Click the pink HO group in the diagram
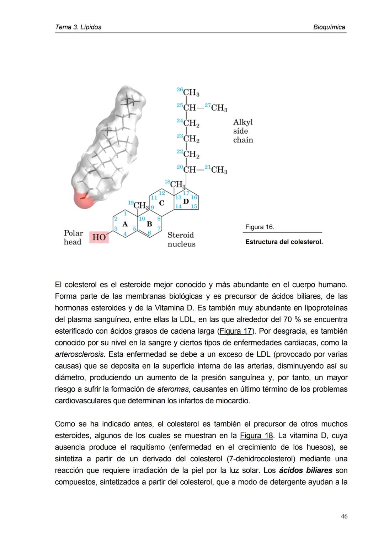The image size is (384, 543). click(x=99, y=237)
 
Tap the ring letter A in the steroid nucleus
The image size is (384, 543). click(x=125, y=224)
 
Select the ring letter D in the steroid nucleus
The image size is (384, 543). click(x=186, y=201)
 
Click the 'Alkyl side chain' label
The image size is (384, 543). click(x=243, y=131)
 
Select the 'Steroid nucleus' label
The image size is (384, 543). click(x=181, y=240)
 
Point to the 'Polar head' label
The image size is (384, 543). click(x=73, y=237)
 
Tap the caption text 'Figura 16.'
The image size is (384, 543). click(x=260, y=227)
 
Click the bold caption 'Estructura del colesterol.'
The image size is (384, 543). click(x=284, y=242)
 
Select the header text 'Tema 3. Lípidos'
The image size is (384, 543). click(x=78, y=27)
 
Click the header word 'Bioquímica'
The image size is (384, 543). click(x=329, y=27)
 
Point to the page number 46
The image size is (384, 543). click(x=344, y=516)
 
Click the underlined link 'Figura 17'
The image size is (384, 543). click(x=235, y=331)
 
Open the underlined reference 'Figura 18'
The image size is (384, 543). click(x=256, y=436)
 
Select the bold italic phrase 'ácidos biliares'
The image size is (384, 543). click(x=305, y=471)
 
